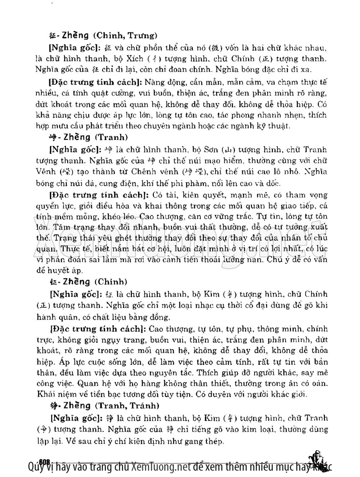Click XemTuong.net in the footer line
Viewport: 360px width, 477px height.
tap(159, 466)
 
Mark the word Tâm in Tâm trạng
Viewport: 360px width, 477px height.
tap(56, 226)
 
